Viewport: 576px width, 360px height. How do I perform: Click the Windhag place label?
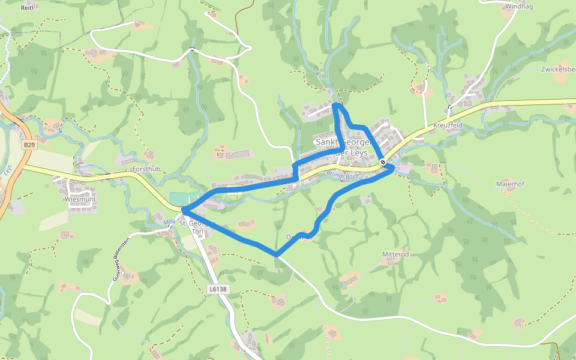point(519,7)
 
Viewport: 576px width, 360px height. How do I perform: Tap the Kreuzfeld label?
point(448,125)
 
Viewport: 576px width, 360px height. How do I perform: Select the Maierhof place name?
point(511,184)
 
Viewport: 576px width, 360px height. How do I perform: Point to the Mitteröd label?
point(395,254)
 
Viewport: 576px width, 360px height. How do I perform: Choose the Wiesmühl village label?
point(80,199)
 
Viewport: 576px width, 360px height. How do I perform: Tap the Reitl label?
point(26,8)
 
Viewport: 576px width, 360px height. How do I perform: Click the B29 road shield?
point(29,145)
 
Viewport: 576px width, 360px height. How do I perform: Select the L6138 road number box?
point(218,289)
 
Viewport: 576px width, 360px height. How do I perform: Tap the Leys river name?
point(8,170)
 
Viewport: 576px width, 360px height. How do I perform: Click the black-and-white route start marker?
point(383,161)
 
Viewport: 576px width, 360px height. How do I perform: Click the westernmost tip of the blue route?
point(182,210)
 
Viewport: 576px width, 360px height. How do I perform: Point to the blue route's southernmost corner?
point(277,255)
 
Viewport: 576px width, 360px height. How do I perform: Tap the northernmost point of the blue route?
point(335,105)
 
